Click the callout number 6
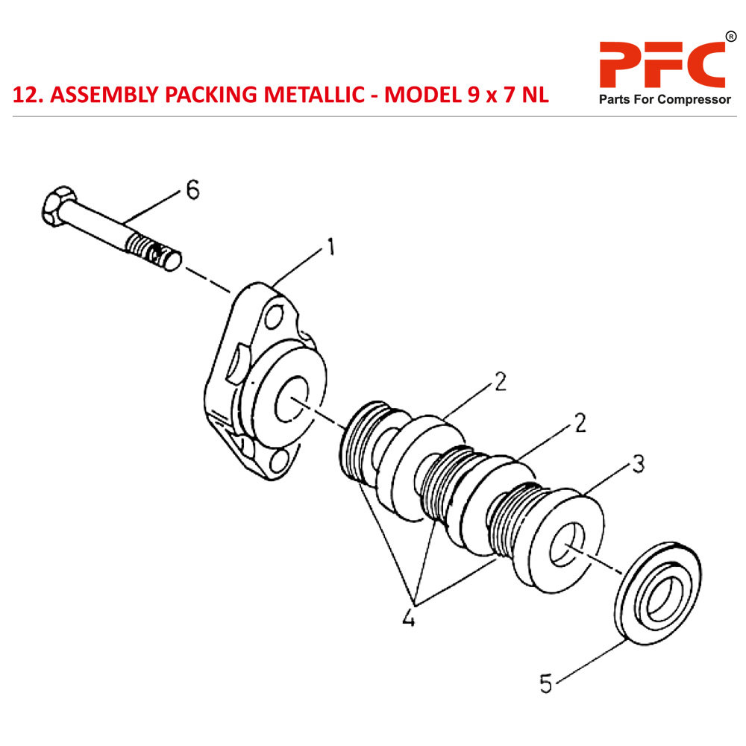coord(192,191)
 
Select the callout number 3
coord(636,464)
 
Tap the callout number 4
coord(408,619)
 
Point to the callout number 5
coord(547,683)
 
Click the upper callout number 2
coord(500,383)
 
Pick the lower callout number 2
coord(579,424)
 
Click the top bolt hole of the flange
coord(278,310)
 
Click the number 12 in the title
coord(25,95)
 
